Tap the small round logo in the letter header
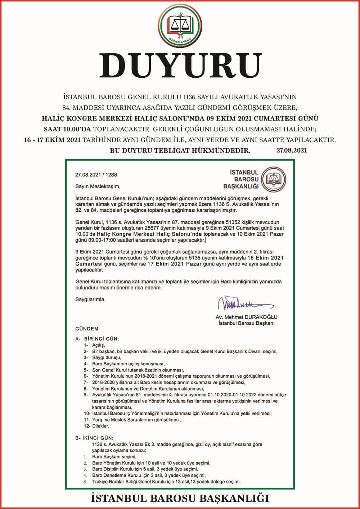click(x=274, y=179)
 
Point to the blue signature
click(x=245, y=304)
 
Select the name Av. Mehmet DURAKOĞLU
click(x=247, y=317)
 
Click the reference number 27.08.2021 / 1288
click(x=96, y=175)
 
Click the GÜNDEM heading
click(x=87, y=329)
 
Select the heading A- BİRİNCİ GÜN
click(x=97, y=339)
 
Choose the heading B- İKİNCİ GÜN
click(x=94, y=438)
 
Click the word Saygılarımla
click(x=90, y=299)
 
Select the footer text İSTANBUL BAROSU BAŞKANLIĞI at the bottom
click(x=180, y=499)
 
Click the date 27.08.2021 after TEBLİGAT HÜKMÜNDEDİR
click(x=292, y=150)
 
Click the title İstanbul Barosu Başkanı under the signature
click(x=247, y=323)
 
